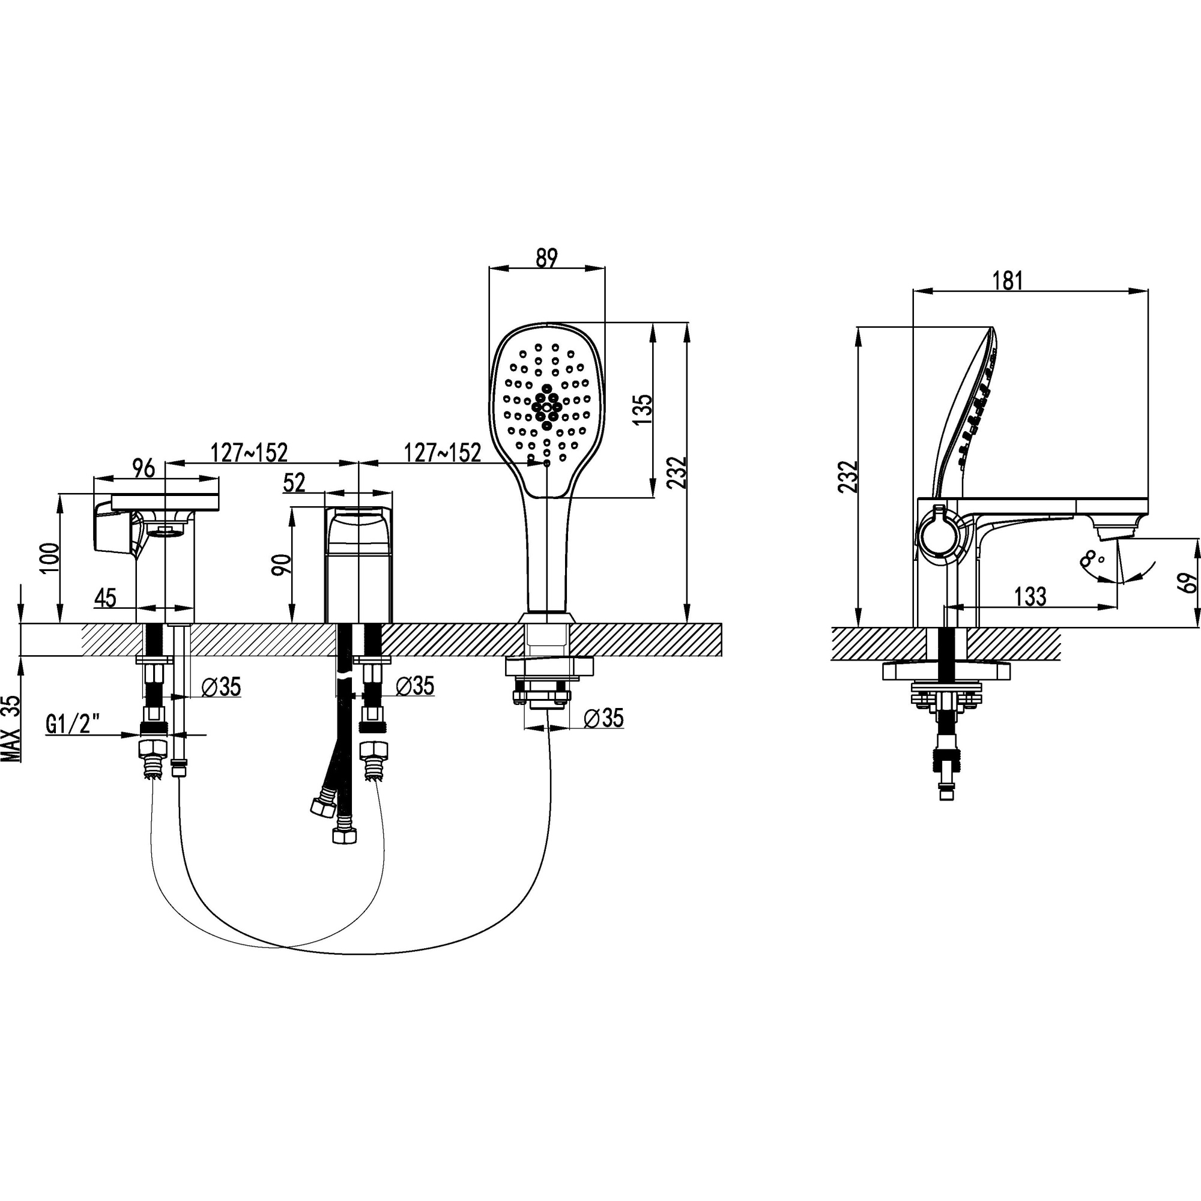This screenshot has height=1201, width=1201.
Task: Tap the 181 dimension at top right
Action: point(1007,280)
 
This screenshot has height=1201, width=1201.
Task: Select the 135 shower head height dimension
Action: point(643,410)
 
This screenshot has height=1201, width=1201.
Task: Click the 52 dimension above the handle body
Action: point(295,482)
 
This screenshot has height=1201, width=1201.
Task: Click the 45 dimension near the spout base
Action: point(106,597)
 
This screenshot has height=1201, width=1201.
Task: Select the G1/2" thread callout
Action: point(74,724)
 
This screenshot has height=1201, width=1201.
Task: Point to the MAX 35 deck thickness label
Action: point(11,728)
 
